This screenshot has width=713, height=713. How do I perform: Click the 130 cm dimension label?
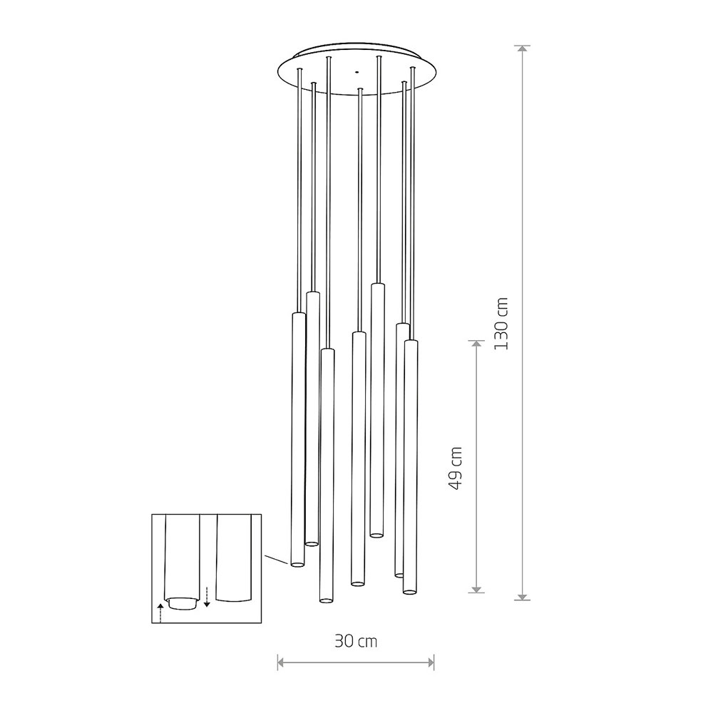[501, 323]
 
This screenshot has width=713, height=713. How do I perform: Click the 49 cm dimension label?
[455, 468]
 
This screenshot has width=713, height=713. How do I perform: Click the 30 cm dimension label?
[356, 641]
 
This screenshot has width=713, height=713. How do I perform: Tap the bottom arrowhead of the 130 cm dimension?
[523, 596]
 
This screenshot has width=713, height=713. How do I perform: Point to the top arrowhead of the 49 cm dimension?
[476, 344]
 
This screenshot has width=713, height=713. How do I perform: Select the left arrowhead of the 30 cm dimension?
[282, 662]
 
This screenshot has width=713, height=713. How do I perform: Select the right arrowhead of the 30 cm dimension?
[430, 662]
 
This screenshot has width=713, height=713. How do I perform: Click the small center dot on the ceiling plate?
[357, 71]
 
